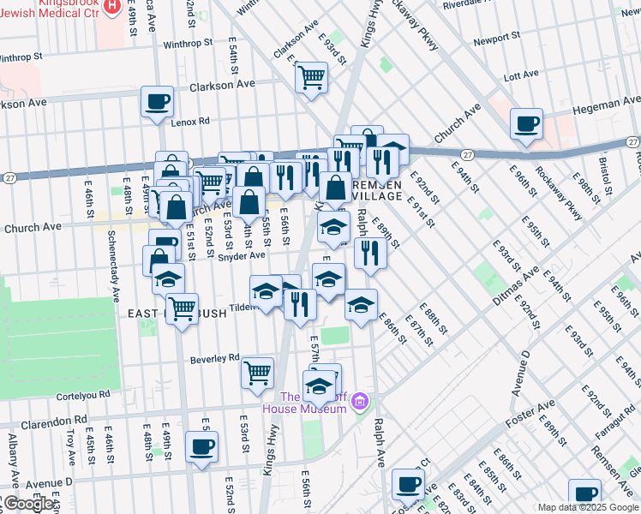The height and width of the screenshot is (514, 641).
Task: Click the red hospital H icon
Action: pyautogui.click(x=111, y=6)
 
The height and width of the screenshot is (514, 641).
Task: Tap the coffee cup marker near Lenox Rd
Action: pyautogui.click(x=157, y=102)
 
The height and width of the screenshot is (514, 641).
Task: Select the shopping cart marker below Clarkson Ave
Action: pyautogui.click(x=311, y=77)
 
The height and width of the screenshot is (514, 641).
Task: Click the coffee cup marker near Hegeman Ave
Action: pyautogui.click(x=526, y=123)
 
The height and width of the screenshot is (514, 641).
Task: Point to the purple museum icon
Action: pyautogui.click(x=361, y=401)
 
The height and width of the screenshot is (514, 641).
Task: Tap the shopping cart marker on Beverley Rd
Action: pyautogui.click(x=257, y=373)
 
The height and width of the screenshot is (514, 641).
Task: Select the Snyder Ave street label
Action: pyautogui.click(x=241, y=255)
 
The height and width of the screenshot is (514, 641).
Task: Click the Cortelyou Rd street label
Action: pyautogui.click(x=81, y=394)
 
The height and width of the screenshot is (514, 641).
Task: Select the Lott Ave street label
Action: pyautogui.click(x=522, y=76)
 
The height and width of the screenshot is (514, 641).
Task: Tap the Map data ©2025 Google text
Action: pyautogui.click(x=588, y=507)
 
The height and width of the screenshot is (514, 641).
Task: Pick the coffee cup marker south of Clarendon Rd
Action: pyautogui.click(x=201, y=447)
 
